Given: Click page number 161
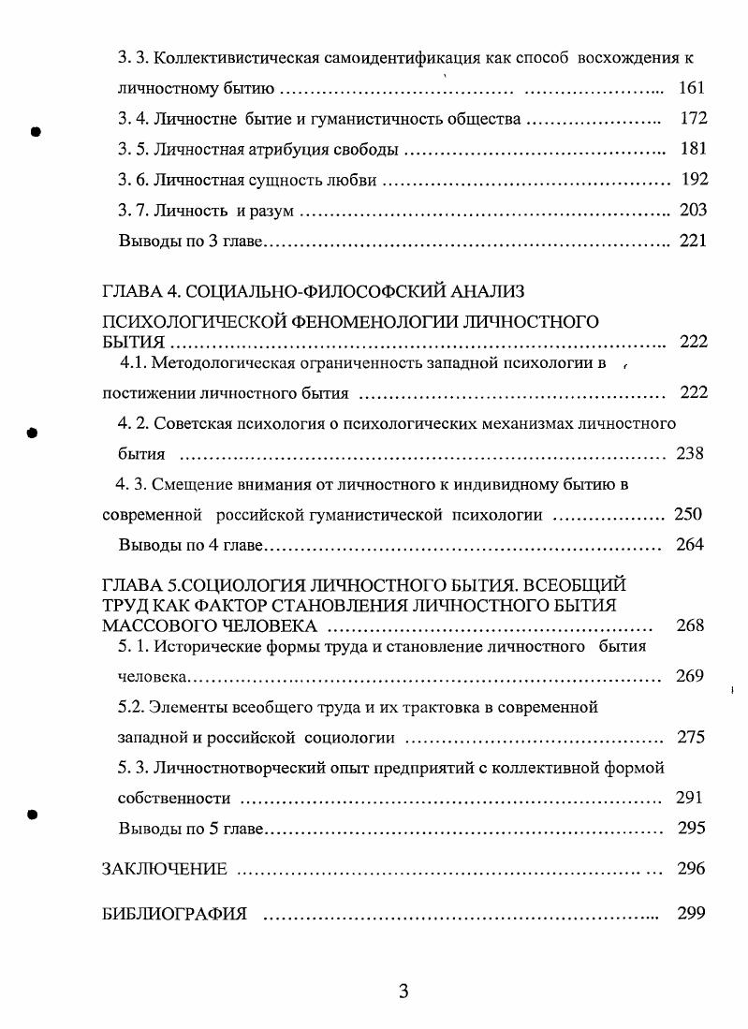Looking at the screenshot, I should point(692,89).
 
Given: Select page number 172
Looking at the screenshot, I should point(694,119).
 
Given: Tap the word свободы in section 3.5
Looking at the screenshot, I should point(370,150).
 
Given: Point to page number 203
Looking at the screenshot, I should point(694,211).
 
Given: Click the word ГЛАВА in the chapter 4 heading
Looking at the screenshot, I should point(129,291).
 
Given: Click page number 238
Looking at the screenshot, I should point(690,454).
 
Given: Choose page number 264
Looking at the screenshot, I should point(690,545).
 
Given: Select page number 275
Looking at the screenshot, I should point(690,737).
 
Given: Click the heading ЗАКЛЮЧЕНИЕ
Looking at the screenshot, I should point(164,870).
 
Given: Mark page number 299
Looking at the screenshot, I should point(690,914).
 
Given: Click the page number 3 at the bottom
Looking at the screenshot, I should point(403,992).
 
